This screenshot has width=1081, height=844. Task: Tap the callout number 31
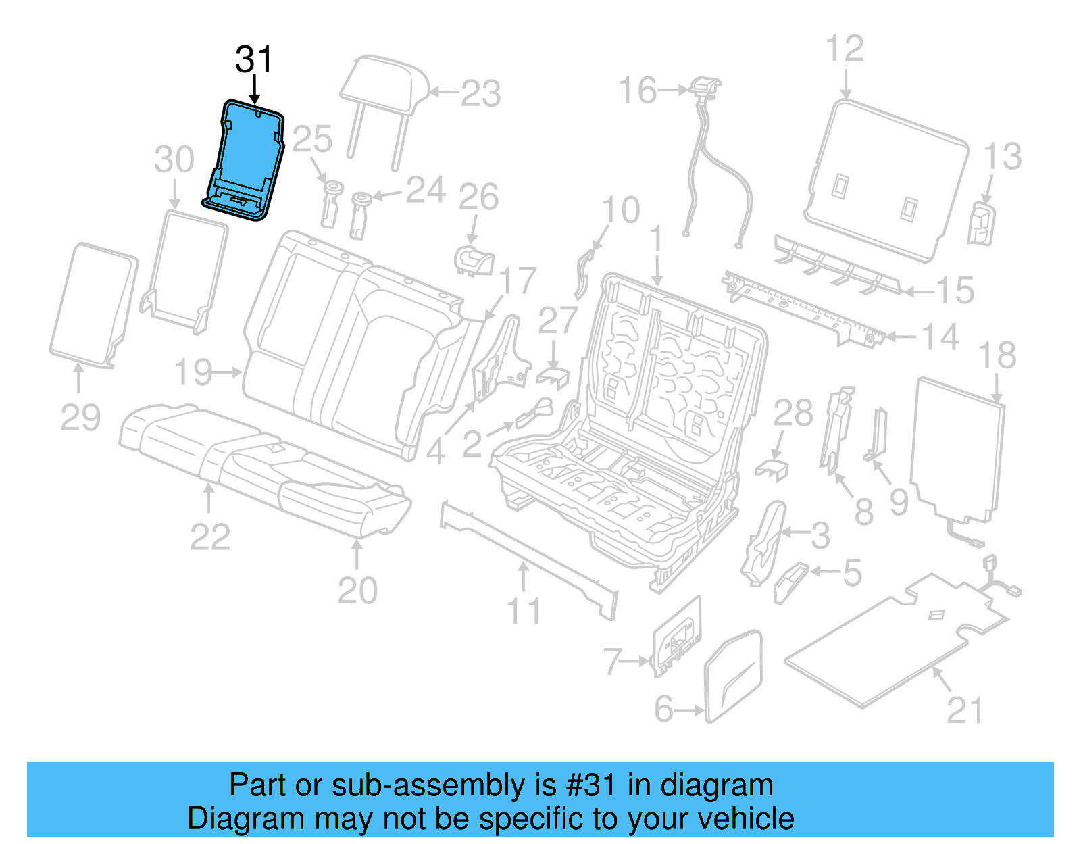pos(253,59)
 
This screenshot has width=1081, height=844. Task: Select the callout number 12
pos(845,49)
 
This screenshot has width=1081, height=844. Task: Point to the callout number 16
pos(637,91)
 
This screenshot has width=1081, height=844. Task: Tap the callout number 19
pos(194,372)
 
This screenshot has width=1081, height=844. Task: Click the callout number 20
pos(357,590)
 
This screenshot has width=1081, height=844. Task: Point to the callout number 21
pos(965,710)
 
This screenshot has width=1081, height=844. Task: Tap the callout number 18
pos(997,355)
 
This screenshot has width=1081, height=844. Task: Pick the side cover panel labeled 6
pos(734,676)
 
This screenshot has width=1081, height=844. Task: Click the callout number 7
pos(612,661)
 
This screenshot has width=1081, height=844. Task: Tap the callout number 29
pos(80,417)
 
